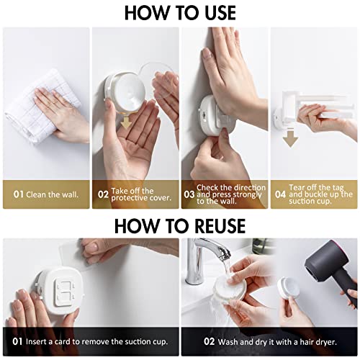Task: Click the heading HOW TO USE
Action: click(x=179, y=13)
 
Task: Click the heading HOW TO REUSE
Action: click(x=179, y=225)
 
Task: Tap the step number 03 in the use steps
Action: click(x=188, y=194)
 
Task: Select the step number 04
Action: click(x=279, y=194)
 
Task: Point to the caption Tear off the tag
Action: click(x=320, y=194)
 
